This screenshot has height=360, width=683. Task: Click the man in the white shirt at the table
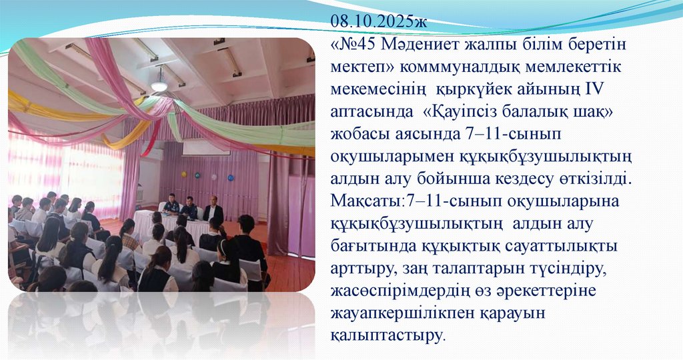point(213,210)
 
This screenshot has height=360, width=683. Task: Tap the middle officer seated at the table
point(190,208)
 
